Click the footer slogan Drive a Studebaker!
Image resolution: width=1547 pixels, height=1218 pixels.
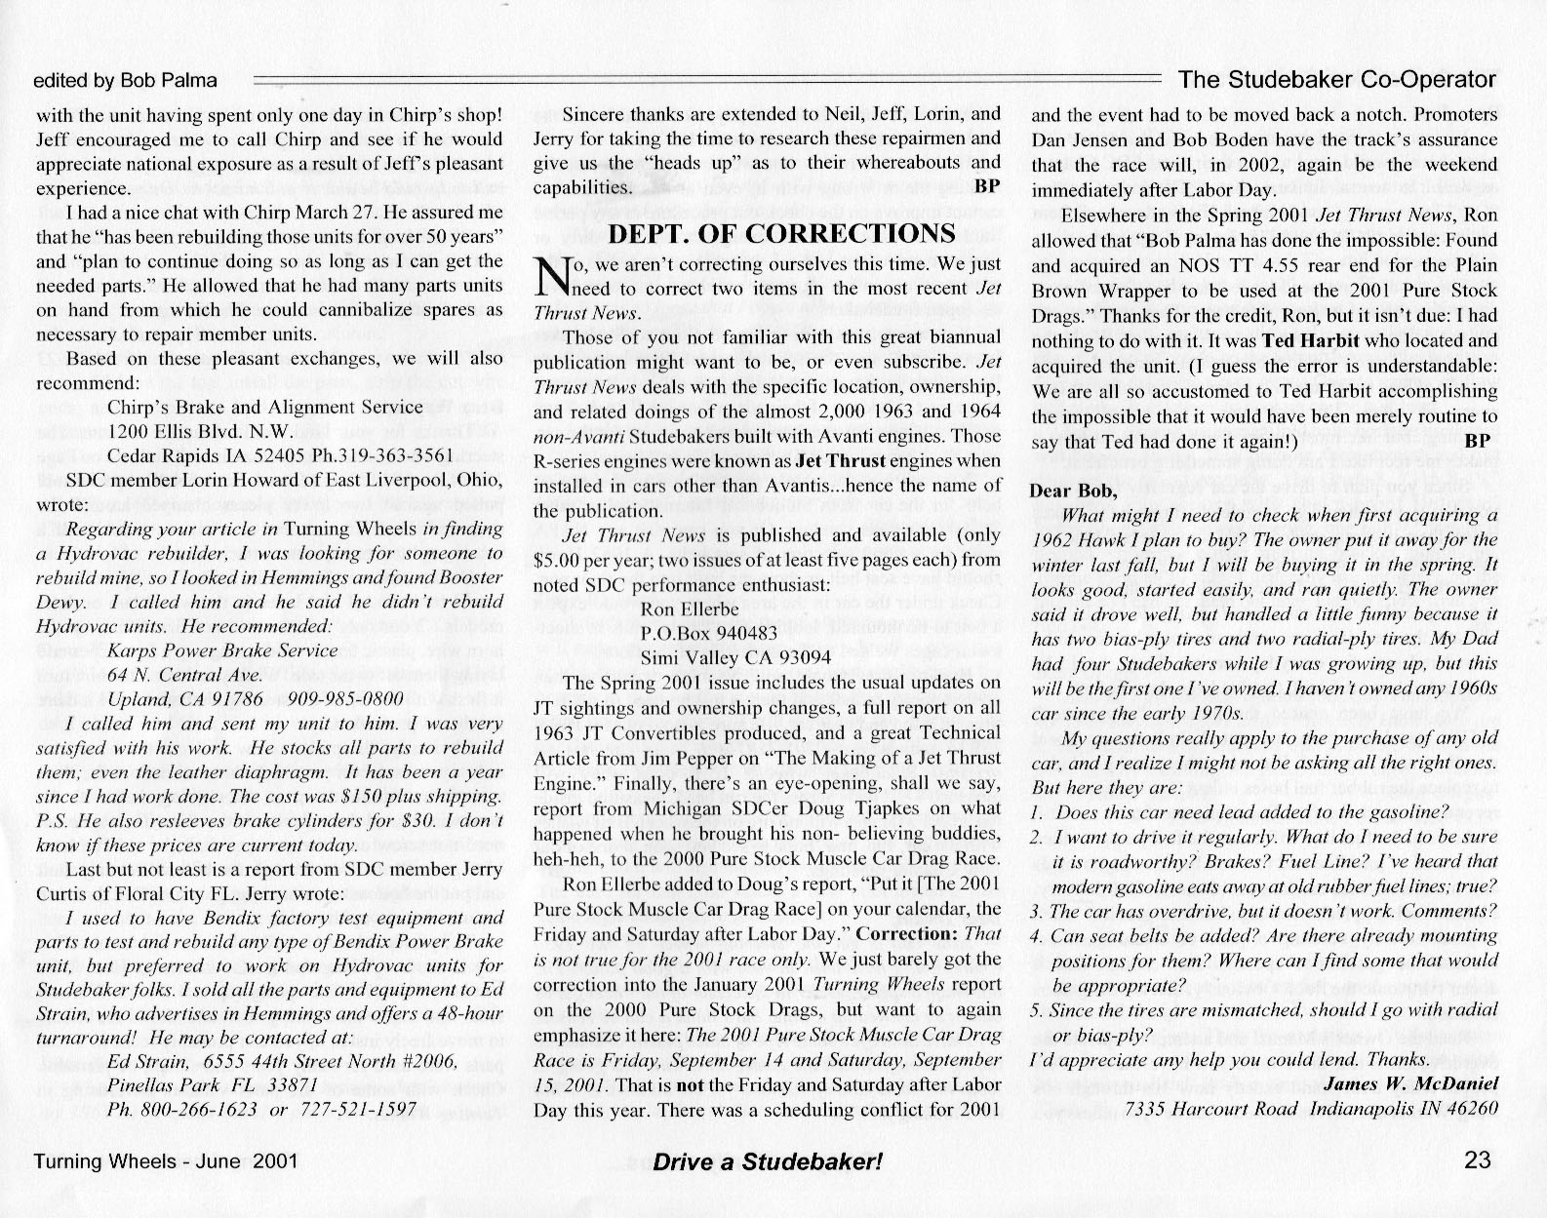point(768,1161)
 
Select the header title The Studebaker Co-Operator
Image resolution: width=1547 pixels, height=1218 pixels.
point(1336,79)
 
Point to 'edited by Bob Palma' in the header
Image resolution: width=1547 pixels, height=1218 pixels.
point(125,81)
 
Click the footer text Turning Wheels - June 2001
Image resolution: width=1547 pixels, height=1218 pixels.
point(165,1161)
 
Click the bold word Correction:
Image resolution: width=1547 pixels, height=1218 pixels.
point(916,932)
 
